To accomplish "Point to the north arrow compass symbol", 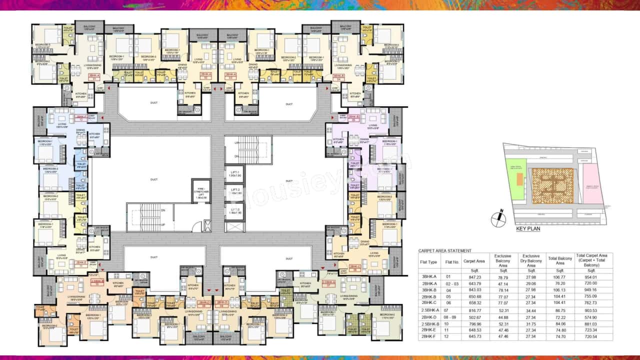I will [x=498, y=218].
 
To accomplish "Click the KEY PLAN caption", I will [x=528, y=228].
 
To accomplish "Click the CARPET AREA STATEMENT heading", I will [x=444, y=250].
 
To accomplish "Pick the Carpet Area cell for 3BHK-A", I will [x=472, y=276].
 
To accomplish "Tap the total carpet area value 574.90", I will [x=594, y=317].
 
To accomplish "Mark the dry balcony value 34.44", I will [x=531, y=310].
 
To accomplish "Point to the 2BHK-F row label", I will [x=429, y=337].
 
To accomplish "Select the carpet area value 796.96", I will [x=472, y=324].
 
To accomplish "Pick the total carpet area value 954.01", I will [x=594, y=276].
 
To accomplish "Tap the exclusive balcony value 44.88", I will [x=503, y=317].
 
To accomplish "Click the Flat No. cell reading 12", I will [x=448, y=337].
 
